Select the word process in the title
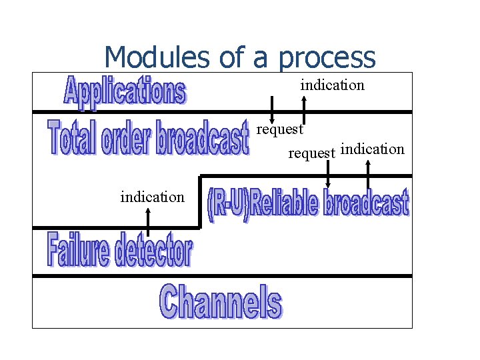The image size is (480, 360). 327,58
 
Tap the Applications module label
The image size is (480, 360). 125,91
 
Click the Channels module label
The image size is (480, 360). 221,301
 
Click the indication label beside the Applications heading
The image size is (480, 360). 332,85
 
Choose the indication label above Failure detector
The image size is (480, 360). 152,197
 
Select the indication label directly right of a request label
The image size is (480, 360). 372,149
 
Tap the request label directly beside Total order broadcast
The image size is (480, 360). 281,129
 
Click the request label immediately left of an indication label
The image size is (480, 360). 311,153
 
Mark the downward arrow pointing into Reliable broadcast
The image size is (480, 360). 327,175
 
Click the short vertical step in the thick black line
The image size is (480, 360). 199,201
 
